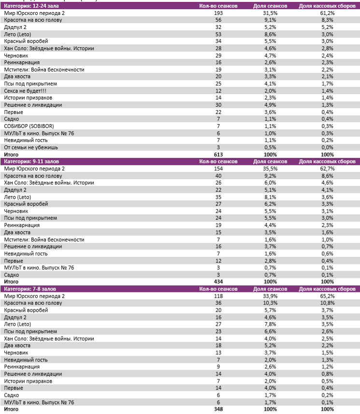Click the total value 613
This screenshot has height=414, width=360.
pos(218,155)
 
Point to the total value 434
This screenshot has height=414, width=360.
pos(218,282)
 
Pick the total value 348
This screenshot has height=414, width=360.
pos(218,409)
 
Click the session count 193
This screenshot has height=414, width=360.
pos(218,13)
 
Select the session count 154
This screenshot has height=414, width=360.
pos(218,169)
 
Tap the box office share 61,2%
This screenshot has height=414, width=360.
pos(327,13)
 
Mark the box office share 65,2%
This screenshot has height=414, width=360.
pos(327,296)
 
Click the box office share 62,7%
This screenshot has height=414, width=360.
pos(327,169)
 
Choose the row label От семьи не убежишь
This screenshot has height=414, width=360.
pos(31,147)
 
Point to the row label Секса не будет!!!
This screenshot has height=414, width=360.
pos(25,91)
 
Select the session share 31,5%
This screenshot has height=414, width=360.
pos(270,13)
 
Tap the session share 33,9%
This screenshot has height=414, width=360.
pos(270,296)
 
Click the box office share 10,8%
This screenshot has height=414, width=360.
pos(327,303)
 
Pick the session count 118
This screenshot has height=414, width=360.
pos(218,296)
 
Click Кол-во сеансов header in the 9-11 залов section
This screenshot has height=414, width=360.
pos(218,161)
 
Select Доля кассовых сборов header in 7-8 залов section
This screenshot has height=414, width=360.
pos(327,289)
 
